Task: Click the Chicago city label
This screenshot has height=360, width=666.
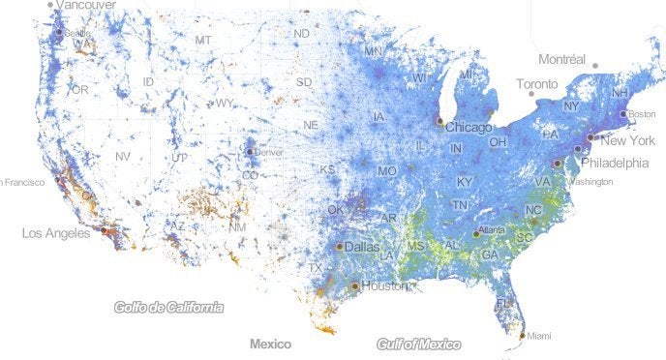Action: (x=469, y=127)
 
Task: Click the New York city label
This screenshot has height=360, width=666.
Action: (x=621, y=141)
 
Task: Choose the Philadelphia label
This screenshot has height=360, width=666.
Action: (x=615, y=163)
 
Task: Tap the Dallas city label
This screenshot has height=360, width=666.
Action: (x=362, y=247)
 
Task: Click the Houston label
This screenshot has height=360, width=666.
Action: (x=384, y=286)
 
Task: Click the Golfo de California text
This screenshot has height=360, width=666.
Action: (x=168, y=308)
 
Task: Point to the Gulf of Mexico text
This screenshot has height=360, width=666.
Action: (x=419, y=344)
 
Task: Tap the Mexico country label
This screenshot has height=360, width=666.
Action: (x=270, y=344)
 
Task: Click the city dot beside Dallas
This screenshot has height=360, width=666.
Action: (x=339, y=247)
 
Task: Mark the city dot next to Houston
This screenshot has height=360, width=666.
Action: (x=355, y=285)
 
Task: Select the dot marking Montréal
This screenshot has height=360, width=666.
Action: (x=595, y=66)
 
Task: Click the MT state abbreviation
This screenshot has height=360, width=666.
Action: (x=203, y=40)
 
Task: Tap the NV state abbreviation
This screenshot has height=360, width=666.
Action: (x=123, y=156)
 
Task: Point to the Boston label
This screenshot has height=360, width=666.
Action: (x=641, y=114)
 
